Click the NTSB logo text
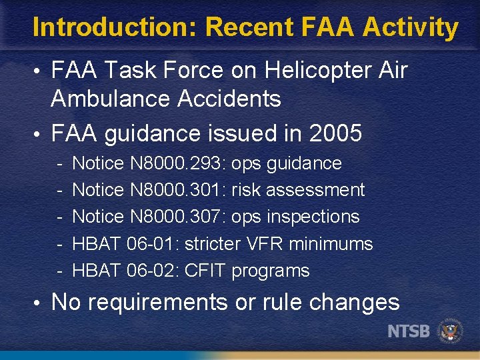[x=409, y=331]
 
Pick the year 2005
[x=336, y=133]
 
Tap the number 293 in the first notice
[x=211, y=163]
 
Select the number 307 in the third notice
[x=211, y=217]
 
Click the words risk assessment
[x=298, y=190]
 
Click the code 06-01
[x=153, y=244]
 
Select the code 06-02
[x=153, y=271]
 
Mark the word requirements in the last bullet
[x=157, y=302]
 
